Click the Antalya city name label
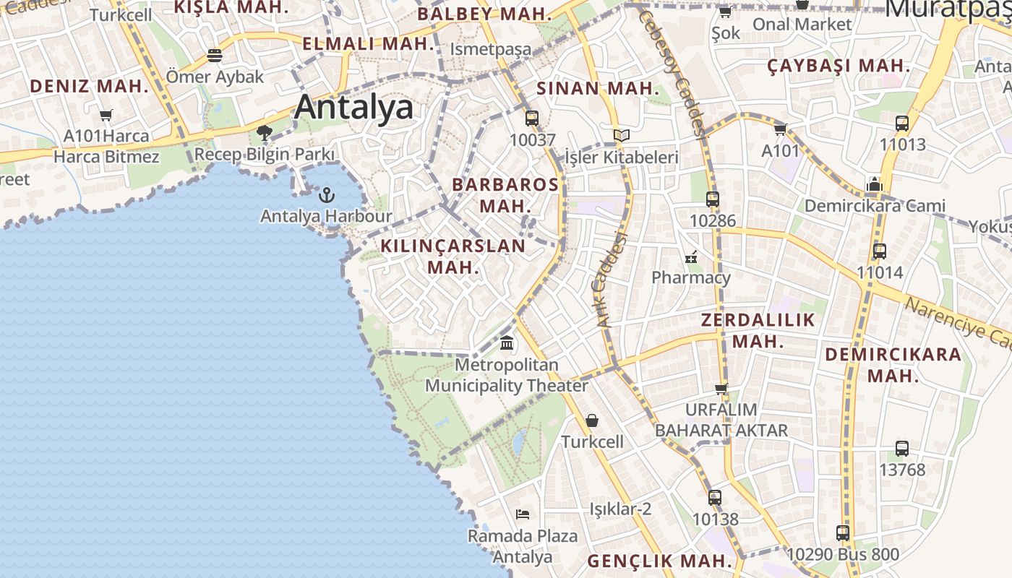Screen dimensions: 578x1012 [x=354, y=108]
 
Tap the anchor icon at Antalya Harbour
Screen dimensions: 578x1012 [x=327, y=194]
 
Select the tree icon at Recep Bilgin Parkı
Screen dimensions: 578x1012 [x=264, y=133]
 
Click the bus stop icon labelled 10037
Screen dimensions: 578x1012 [x=532, y=118]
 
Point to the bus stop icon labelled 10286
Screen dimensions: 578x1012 [x=713, y=199]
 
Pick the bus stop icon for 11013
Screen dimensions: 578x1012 [x=902, y=124]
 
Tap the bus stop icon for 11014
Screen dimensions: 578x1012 [x=880, y=251]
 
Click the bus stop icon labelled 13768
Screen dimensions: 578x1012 [x=902, y=449]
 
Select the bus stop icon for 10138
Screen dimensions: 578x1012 [x=715, y=498]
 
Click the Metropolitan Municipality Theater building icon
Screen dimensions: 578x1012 [x=507, y=342]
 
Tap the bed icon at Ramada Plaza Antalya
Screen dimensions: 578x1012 [x=523, y=514]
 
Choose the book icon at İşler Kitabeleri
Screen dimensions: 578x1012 [x=621, y=135]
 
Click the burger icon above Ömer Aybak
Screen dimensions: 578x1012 [x=214, y=55]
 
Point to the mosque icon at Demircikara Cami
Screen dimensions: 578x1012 [x=874, y=184]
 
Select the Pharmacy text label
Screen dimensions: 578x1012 [x=691, y=277]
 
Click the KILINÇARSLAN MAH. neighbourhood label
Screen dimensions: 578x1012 [x=453, y=256]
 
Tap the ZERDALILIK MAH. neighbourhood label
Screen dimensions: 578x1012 [x=758, y=330]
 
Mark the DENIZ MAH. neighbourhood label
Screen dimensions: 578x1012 [x=89, y=87]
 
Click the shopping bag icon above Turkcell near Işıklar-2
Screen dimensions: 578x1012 [x=592, y=420]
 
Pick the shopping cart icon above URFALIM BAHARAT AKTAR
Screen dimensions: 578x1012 [x=721, y=389]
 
